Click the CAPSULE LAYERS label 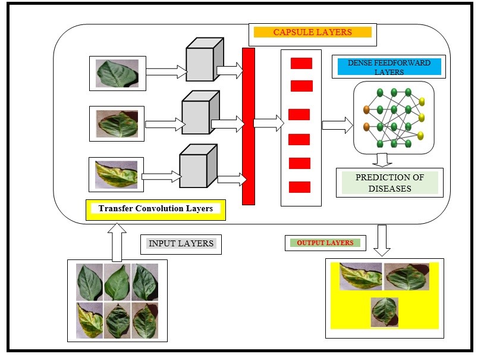[312, 32]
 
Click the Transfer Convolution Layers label [156, 209]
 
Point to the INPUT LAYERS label [181, 243]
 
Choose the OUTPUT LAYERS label [325, 243]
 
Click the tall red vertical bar [249, 126]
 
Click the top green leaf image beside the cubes [117, 74]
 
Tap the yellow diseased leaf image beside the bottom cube [116, 174]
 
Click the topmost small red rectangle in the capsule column [301, 63]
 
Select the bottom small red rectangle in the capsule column [300, 187]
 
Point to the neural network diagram [394, 117]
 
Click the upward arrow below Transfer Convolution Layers [118, 242]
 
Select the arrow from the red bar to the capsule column [268, 124]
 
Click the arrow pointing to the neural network [337, 125]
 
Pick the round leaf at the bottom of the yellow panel [384, 312]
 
